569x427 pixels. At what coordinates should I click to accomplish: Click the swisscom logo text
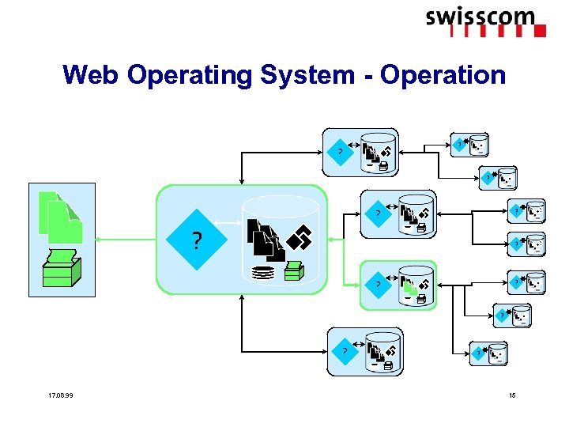[x=480, y=17]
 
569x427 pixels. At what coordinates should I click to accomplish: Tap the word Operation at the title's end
[x=443, y=75]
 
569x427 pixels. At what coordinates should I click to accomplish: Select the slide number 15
[x=513, y=395]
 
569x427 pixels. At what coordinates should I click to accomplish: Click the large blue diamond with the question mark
[x=196, y=240]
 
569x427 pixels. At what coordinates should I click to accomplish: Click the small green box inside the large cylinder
[x=294, y=270]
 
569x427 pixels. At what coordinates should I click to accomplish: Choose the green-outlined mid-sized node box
[x=398, y=285]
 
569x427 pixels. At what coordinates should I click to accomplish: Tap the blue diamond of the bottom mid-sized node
[x=344, y=350]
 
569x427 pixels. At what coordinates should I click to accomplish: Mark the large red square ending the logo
[x=541, y=32]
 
